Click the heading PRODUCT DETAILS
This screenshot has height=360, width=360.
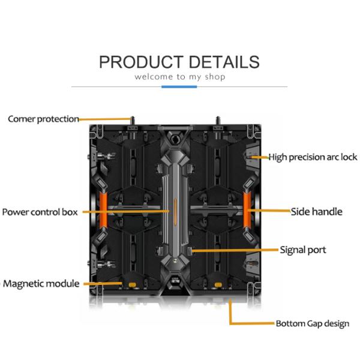coord(179,62)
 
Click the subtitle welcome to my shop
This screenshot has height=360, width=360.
coord(179,77)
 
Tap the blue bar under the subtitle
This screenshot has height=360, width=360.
coord(179,87)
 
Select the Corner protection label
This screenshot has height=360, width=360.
coord(43,119)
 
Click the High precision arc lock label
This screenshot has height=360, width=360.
coord(313,157)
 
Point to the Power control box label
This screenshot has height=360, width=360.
coord(40,212)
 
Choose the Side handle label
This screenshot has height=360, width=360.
coord(317,211)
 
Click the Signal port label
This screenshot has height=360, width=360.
coord(303,249)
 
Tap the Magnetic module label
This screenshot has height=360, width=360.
coord(41,283)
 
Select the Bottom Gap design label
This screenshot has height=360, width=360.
coord(312,324)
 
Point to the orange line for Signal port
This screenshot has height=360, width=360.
coord(234,249)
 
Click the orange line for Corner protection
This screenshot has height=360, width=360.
coord(105,119)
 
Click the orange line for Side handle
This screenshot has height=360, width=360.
coord(270,211)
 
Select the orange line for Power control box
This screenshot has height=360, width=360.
coord(126,212)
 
